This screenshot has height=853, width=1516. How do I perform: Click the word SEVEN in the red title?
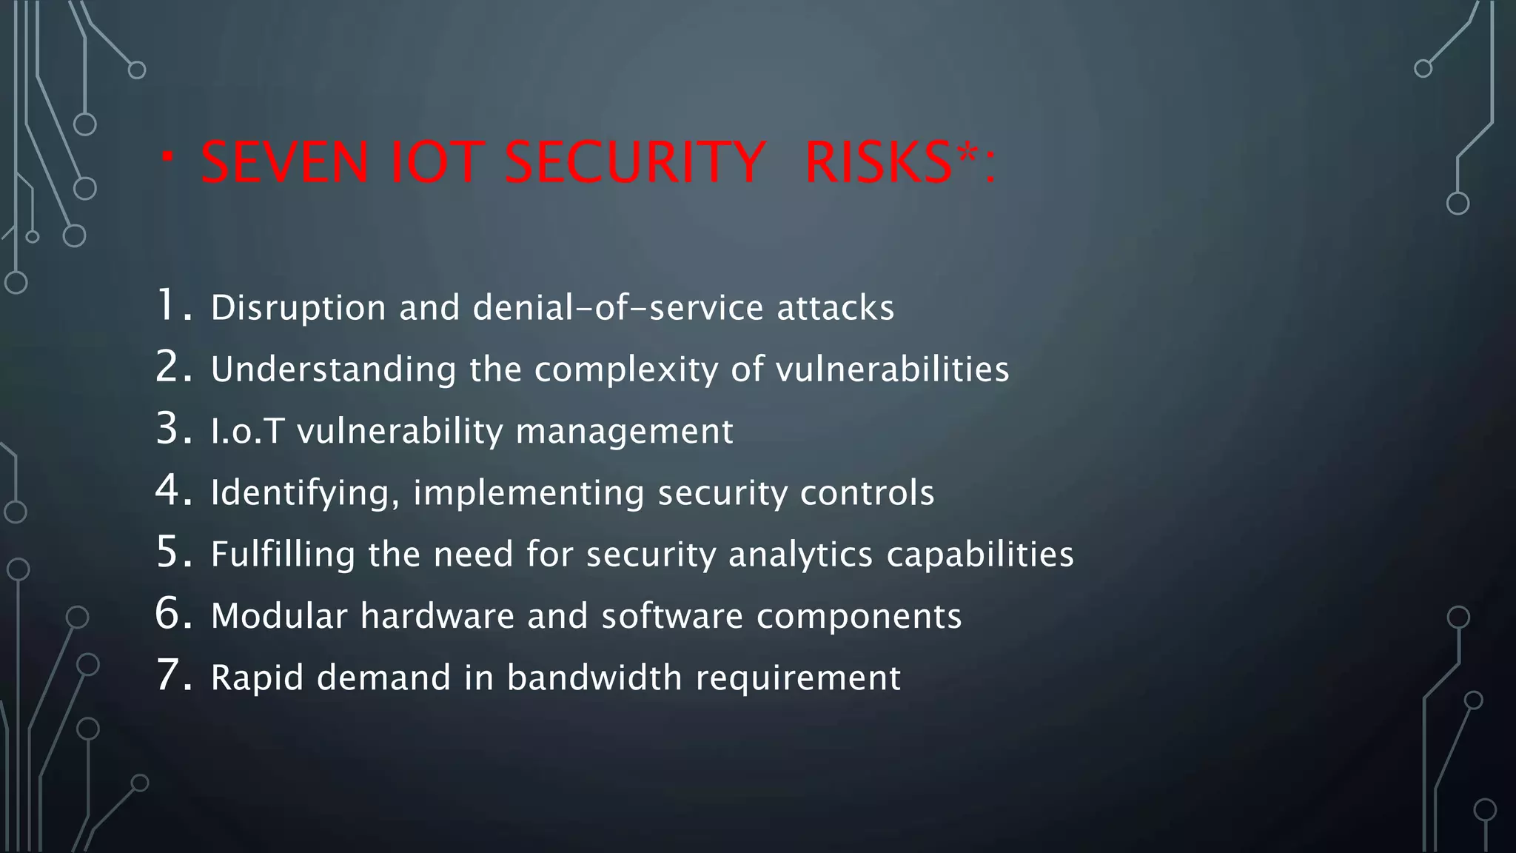point(284,162)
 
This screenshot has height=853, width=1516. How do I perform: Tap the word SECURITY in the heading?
point(634,162)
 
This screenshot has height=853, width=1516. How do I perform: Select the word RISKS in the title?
point(878,162)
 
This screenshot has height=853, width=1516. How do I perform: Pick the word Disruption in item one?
point(298,308)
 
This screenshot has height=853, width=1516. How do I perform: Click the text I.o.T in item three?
point(247,431)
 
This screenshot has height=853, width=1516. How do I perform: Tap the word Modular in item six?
point(279,616)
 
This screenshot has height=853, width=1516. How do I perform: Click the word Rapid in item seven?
point(257,678)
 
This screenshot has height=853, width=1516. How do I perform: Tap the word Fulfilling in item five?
point(283,555)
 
